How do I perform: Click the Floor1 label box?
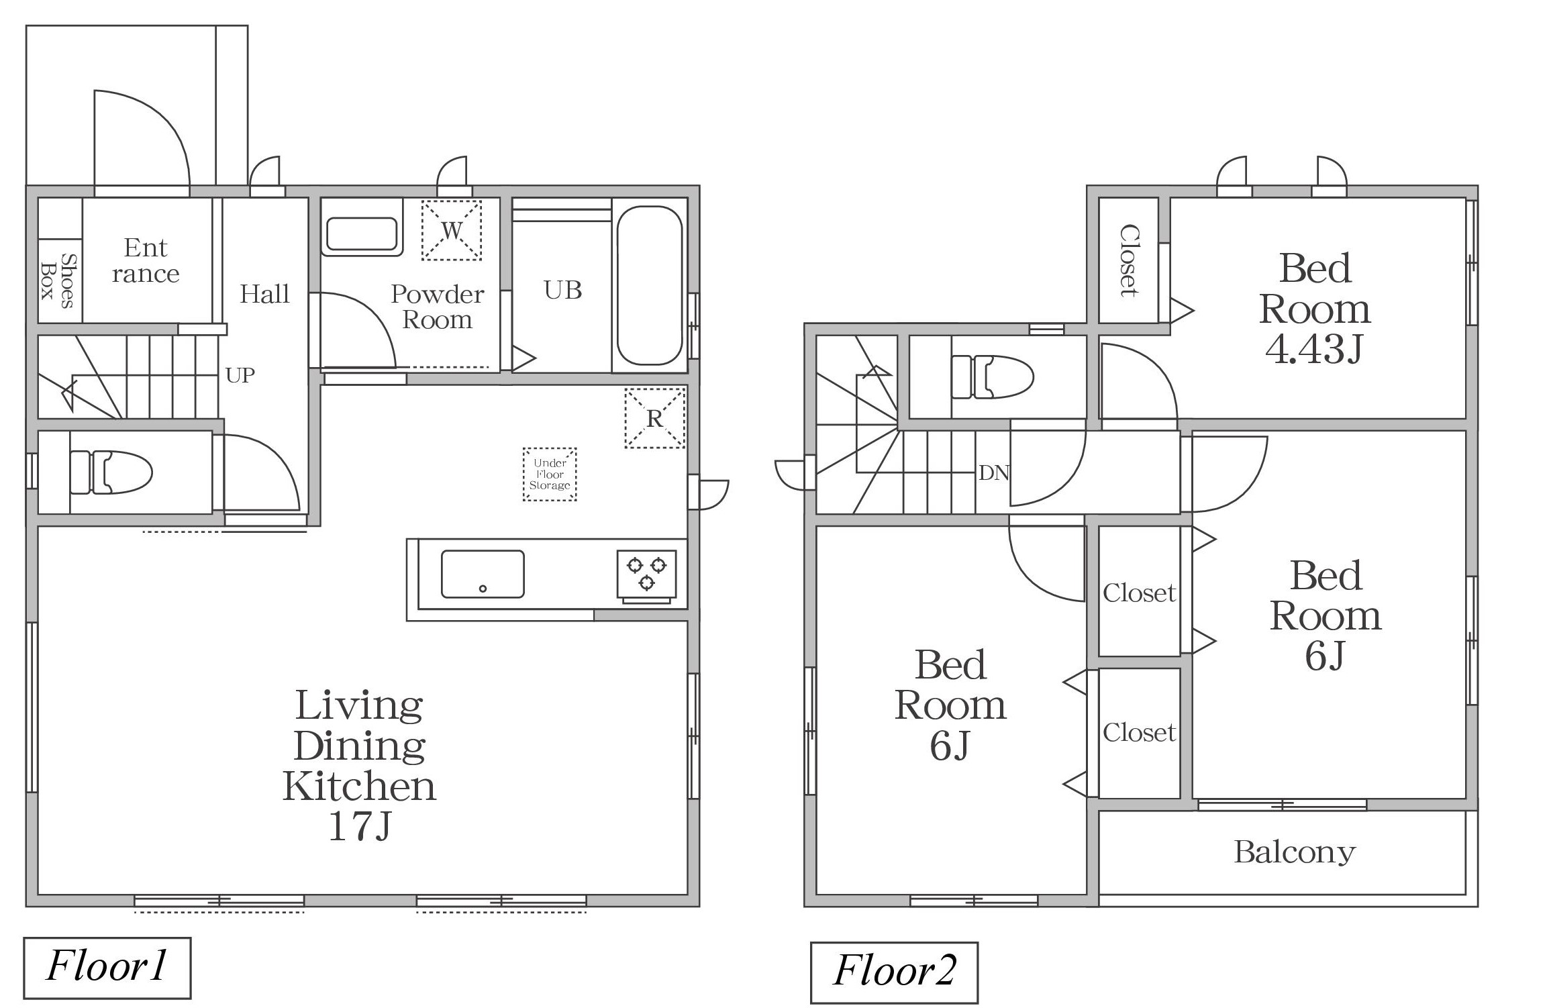[x=107, y=968]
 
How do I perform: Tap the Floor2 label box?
[x=894, y=972]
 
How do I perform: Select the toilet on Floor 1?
[x=111, y=472]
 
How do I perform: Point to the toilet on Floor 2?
[x=993, y=377]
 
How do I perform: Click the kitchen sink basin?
[x=483, y=574]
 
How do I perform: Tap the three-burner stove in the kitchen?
[x=647, y=574]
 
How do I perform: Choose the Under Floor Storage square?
[x=550, y=474]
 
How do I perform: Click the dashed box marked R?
[x=655, y=418]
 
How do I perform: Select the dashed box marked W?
[x=452, y=230]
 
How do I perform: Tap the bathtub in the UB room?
[x=650, y=285]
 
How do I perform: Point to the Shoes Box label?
[x=58, y=281]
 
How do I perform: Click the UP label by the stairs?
[x=240, y=375]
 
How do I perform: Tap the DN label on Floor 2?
[x=994, y=473]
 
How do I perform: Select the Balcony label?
[x=1295, y=852]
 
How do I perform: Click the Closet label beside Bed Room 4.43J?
[x=1130, y=260]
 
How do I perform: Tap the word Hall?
[x=265, y=294]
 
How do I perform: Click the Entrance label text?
[x=146, y=261]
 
